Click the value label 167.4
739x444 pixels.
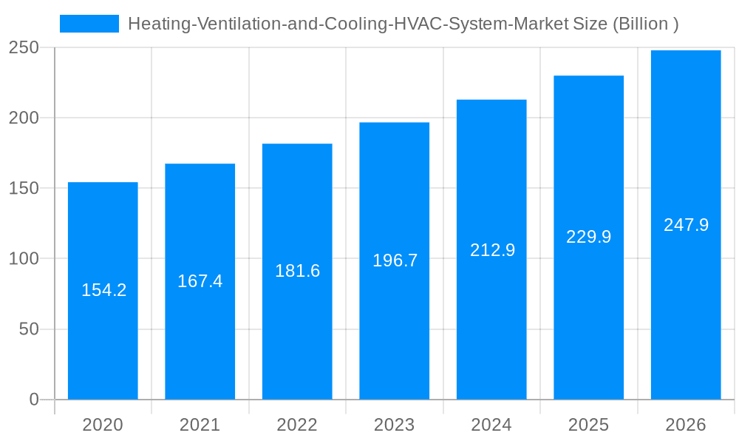coord(200,281)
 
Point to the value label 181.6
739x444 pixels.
coord(297,271)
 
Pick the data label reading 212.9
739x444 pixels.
coord(492,250)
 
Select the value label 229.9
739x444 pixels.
coord(588,237)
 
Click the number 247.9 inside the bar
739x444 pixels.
coord(686,225)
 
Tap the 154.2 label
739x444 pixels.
coord(103,290)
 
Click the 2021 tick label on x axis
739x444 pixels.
coord(200,425)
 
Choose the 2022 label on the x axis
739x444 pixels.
coord(297,425)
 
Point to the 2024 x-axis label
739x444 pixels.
coord(491,425)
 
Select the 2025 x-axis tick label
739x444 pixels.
coord(588,425)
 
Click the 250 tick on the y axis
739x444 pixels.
coord(24,47)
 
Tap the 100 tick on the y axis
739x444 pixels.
coord(24,259)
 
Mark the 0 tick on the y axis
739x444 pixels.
coord(33,400)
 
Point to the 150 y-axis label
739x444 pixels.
coord(24,188)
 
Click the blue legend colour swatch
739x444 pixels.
coord(89,24)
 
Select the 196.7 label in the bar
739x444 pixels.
coord(395,260)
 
